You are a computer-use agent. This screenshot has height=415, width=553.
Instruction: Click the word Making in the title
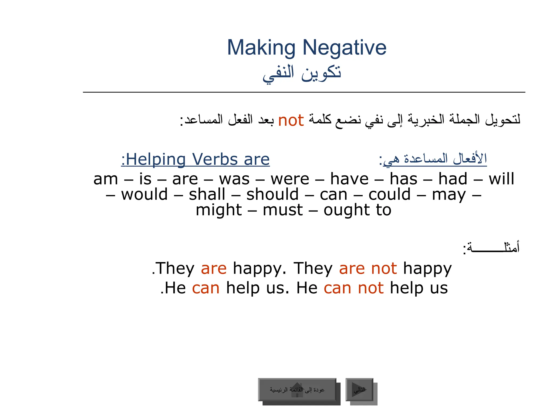[261, 48]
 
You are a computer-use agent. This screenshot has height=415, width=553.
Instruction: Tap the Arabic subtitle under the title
[302, 73]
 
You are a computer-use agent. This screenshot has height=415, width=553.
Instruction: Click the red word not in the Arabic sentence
[291, 121]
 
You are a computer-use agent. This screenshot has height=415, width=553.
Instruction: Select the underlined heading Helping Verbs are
[195, 159]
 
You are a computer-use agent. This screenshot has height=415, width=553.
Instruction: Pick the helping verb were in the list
[290, 179]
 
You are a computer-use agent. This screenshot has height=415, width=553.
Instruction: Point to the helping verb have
[349, 179]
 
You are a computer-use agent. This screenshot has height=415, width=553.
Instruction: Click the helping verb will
[501, 179]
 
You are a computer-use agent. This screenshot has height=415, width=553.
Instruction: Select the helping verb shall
[207, 195]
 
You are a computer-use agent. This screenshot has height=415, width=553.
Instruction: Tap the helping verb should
[272, 195]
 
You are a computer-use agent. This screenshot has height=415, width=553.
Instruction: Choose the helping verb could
[389, 195]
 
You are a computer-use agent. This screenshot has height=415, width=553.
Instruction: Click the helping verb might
[219, 210]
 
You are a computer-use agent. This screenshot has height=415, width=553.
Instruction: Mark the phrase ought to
[357, 210]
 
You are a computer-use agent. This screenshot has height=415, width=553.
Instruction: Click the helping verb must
[283, 210]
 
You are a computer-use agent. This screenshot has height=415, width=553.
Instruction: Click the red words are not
[368, 269]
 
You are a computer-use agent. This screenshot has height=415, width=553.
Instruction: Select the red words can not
[353, 288]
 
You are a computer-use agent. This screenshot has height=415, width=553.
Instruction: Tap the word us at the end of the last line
[439, 288]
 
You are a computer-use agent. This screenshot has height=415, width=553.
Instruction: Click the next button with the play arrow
[359, 390]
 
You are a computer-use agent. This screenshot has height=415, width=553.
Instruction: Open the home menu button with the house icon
[297, 390]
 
